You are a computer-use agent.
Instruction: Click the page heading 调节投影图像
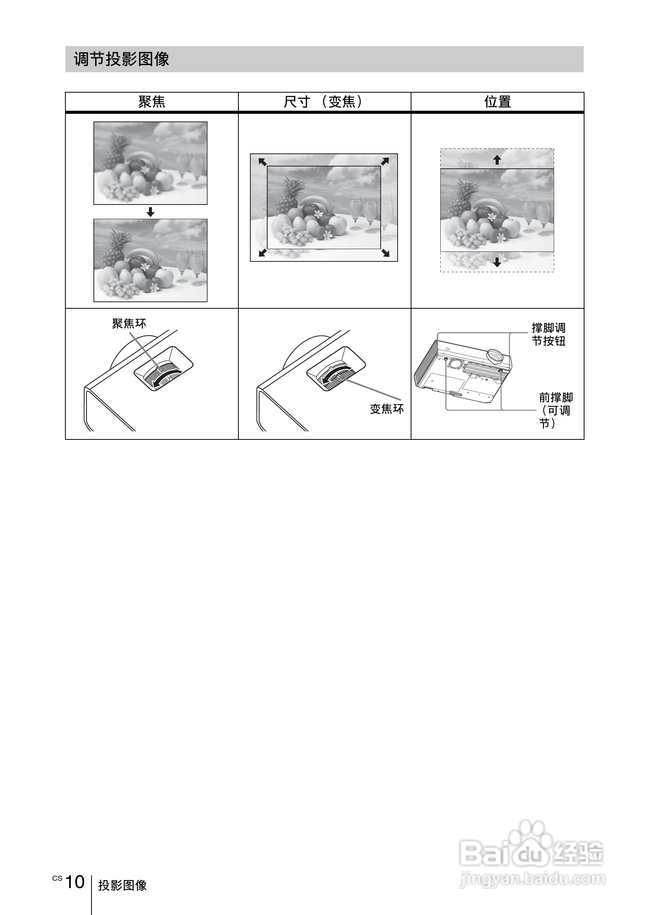click(x=122, y=59)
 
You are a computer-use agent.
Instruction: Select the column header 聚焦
click(x=152, y=102)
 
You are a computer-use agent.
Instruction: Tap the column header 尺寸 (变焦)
click(x=324, y=102)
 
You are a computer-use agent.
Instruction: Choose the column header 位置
click(x=497, y=102)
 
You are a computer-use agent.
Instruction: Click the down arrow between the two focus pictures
click(x=150, y=212)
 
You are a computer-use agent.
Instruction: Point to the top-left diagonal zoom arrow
click(x=262, y=161)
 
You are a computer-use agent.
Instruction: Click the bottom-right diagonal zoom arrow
click(x=385, y=253)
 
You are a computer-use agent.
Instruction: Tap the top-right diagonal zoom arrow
click(x=385, y=161)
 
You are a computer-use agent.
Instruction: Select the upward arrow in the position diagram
click(x=497, y=160)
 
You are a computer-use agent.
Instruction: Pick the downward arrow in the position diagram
click(x=497, y=262)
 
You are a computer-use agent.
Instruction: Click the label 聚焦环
click(x=129, y=324)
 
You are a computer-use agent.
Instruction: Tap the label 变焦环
click(x=386, y=409)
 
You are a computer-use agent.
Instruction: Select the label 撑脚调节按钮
click(x=548, y=334)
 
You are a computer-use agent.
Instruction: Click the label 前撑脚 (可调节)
click(x=556, y=410)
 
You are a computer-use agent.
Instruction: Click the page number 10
click(x=75, y=882)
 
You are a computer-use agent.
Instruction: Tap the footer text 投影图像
click(x=122, y=885)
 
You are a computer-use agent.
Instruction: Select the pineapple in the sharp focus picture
click(x=115, y=249)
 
